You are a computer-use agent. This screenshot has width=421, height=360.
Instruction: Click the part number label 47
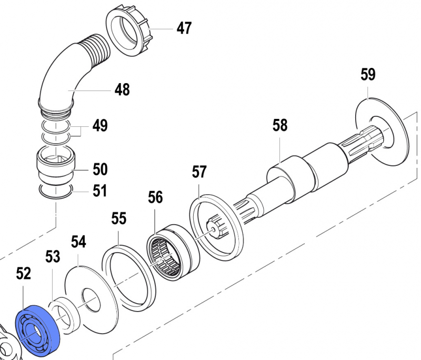pyautogui.click(x=184, y=28)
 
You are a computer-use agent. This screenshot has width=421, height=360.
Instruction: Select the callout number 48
pyautogui.click(x=122, y=90)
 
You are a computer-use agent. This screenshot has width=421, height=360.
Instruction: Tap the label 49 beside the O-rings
pyautogui.click(x=99, y=126)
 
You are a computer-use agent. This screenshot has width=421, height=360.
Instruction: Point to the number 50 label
pyautogui.click(x=100, y=169)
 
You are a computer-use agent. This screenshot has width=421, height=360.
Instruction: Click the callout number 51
pyautogui.click(x=99, y=191)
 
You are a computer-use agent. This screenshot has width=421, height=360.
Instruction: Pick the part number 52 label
pyautogui.click(x=24, y=274)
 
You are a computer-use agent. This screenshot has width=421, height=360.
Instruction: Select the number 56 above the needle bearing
pyautogui.click(x=155, y=197)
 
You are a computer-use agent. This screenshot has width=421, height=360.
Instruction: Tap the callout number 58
pyautogui.click(x=280, y=125)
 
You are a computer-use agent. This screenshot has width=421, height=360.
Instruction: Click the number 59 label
pyautogui.click(x=368, y=74)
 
